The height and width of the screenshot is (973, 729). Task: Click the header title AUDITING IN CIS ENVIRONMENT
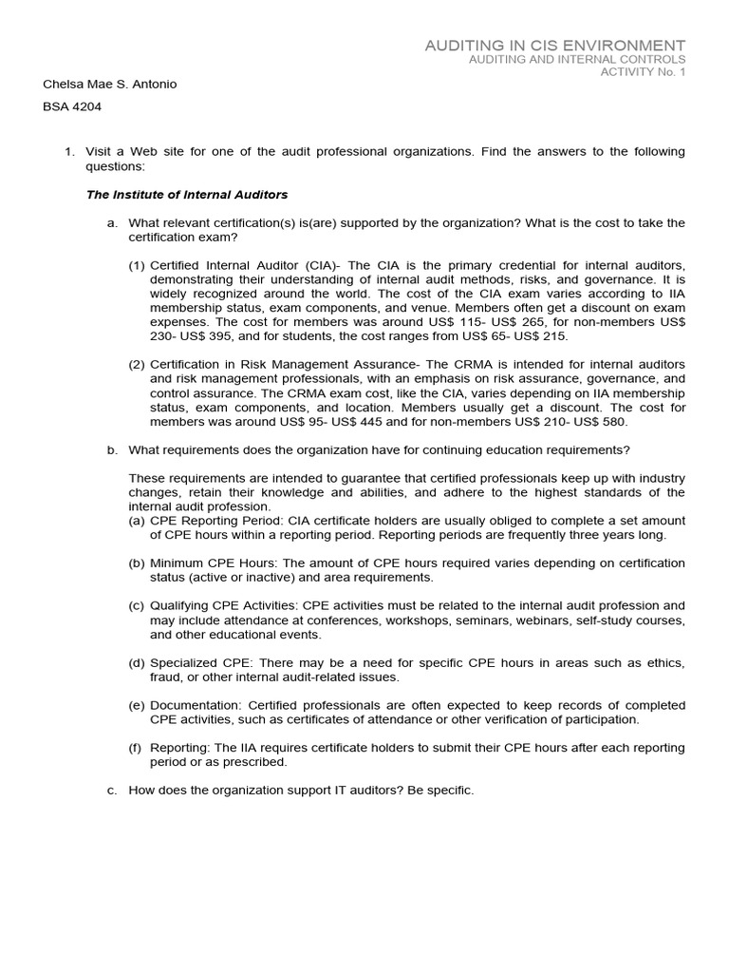554,46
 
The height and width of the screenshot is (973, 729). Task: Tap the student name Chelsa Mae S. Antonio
110,85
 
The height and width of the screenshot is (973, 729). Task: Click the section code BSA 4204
72,107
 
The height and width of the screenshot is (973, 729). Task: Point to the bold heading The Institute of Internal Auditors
187,194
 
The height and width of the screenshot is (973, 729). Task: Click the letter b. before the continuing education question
113,449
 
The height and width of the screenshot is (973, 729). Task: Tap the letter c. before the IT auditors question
113,791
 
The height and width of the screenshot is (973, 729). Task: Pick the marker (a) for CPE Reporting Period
137,521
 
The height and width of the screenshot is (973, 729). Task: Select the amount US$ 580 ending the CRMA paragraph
599,422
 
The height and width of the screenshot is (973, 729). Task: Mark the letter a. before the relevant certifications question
113,222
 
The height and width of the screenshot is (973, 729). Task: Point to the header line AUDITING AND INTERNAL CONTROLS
577,60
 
